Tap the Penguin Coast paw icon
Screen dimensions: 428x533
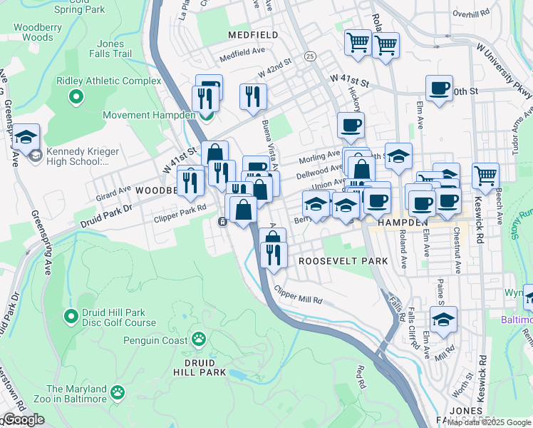tap(200, 337)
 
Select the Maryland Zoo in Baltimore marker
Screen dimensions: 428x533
tap(117, 392)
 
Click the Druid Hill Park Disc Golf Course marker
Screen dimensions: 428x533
tap(71, 315)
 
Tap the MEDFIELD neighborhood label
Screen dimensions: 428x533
tap(252, 34)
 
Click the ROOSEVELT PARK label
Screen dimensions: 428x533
tap(343, 261)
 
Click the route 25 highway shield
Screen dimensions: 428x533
tap(309, 56)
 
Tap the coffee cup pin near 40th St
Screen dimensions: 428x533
tap(438, 89)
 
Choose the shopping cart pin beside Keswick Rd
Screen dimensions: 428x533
tap(485, 173)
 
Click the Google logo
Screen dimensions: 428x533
tap(24, 419)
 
